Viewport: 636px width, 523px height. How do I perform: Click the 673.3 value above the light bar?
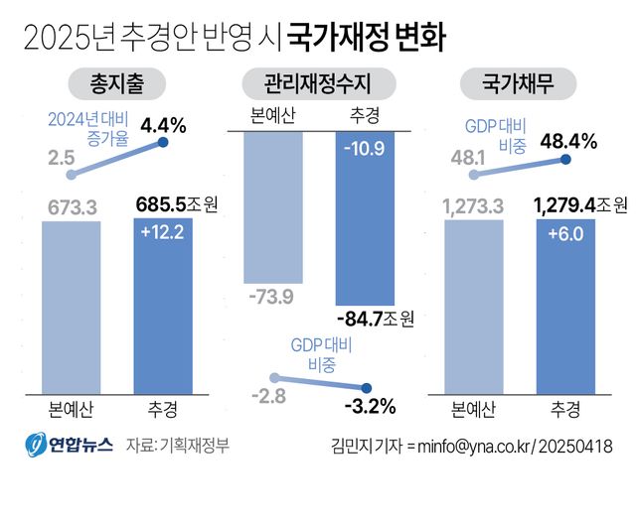pyautogui.click(x=70, y=206)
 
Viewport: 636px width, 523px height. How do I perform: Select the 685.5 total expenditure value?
pyautogui.click(x=163, y=205)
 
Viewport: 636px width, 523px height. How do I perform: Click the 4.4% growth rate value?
pyautogui.click(x=164, y=125)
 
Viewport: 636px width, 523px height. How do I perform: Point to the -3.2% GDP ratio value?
pyautogui.click(x=369, y=406)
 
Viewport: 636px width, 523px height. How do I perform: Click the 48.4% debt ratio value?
pyautogui.click(x=567, y=141)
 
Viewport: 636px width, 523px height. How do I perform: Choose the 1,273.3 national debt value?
pyautogui.click(x=473, y=206)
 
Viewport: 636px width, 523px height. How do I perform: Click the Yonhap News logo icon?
pyautogui.click(x=36, y=445)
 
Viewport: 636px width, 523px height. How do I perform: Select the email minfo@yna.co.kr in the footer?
pyautogui.click(x=469, y=445)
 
